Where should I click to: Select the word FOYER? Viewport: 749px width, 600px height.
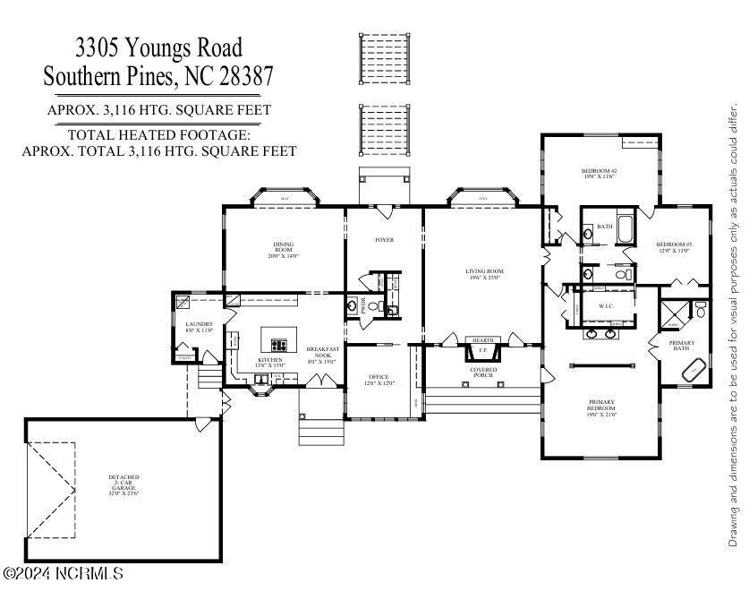384,240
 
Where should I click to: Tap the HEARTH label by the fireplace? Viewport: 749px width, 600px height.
483,340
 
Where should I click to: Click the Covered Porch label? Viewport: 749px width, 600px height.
483,372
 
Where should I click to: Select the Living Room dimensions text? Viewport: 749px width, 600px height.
484,278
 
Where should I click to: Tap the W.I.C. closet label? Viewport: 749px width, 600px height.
606,306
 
